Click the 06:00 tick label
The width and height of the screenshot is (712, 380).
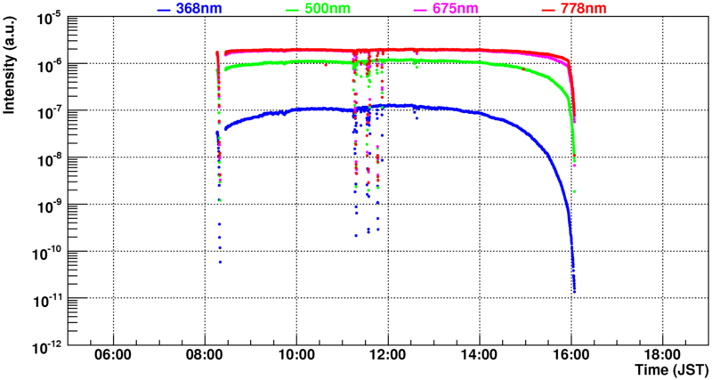[x=113, y=354]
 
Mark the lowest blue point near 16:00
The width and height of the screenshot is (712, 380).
[x=575, y=291]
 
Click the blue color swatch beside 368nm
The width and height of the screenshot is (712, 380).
[x=162, y=9]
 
